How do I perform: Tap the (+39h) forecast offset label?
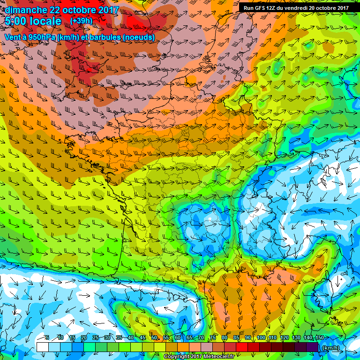coord(81,21)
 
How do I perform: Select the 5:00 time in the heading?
coord(18,22)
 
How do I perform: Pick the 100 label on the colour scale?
coord(261,337)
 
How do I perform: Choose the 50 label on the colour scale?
coord(154,337)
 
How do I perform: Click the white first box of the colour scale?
coord(42,347)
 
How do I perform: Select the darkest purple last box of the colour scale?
coord(313,347)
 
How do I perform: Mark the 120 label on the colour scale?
coord(285,337)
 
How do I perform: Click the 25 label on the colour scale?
coord(95,337)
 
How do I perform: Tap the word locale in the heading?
coord(46,22)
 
